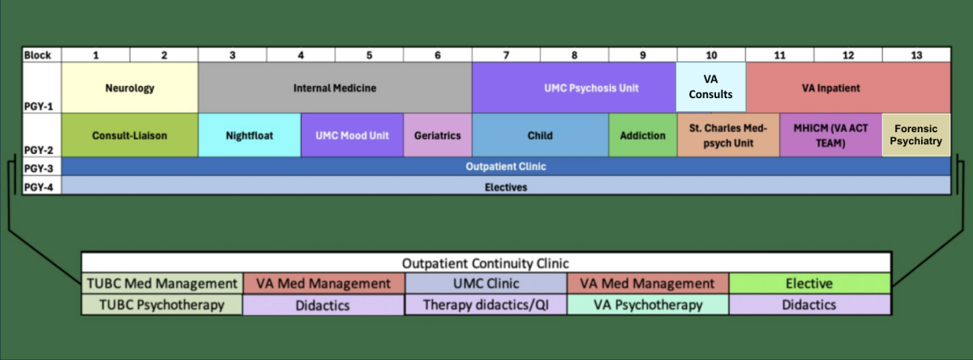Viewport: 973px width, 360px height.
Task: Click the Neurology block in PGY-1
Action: [x=130, y=88]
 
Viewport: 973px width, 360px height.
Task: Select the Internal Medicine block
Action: [x=335, y=88]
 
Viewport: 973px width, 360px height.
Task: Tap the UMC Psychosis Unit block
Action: [x=574, y=88]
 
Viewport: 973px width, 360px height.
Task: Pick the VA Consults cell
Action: [x=711, y=88]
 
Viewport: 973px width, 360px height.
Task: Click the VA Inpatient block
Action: [x=848, y=88]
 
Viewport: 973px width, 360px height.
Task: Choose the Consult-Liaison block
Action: [x=130, y=135]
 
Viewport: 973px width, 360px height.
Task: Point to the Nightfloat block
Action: [x=250, y=135]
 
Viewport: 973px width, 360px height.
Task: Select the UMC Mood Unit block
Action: [x=352, y=135]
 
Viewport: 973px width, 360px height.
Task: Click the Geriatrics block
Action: [x=437, y=135]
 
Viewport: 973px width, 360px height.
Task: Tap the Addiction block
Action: [x=642, y=135]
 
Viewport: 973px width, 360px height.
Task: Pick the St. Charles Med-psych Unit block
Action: [x=727, y=135]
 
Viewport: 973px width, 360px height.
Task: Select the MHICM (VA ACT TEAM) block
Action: [x=830, y=135]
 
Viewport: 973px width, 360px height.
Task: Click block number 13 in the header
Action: [x=916, y=55]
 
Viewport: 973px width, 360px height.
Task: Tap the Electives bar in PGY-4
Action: [x=506, y=186]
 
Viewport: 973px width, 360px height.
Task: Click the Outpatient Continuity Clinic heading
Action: [x=486, y=264]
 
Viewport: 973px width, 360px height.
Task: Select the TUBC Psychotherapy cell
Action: [x=161, y=305]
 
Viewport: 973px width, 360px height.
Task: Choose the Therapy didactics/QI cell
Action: [x=485, y=305]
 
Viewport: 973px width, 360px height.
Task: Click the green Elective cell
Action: [x=809, y=284]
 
